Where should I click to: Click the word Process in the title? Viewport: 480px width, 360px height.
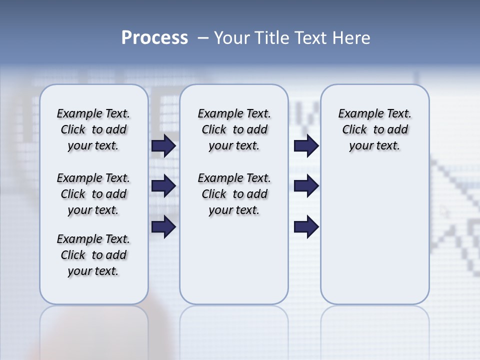pos(154,38)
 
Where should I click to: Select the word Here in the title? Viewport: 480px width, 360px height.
pos(351,38)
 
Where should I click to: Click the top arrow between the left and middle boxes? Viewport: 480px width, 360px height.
pos(163,145)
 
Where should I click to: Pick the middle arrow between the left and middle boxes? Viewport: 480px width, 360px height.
pos(163,186)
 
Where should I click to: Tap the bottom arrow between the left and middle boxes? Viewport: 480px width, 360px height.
pos(163,226)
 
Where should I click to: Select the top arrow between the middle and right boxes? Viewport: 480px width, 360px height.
pos(306,145)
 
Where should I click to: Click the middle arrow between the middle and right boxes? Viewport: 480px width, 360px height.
pos(306,186)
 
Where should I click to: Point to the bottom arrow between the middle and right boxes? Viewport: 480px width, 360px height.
pos(306,226)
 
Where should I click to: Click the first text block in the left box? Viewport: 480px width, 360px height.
pos(93,129)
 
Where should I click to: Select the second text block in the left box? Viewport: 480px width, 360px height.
pos(93,194)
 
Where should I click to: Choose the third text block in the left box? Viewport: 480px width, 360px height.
pos(93,255)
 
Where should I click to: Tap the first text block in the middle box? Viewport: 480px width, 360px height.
pos(234,129)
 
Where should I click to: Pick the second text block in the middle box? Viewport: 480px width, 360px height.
pos(234,194)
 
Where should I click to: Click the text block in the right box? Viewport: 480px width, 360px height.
pos(375,129)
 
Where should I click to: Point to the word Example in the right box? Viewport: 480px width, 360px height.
pos(356,114)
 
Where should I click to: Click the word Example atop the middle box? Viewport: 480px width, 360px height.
pos(216,114)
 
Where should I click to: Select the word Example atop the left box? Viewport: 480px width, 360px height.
pos(75,114)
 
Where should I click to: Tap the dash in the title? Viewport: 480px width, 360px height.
pos(203,38)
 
